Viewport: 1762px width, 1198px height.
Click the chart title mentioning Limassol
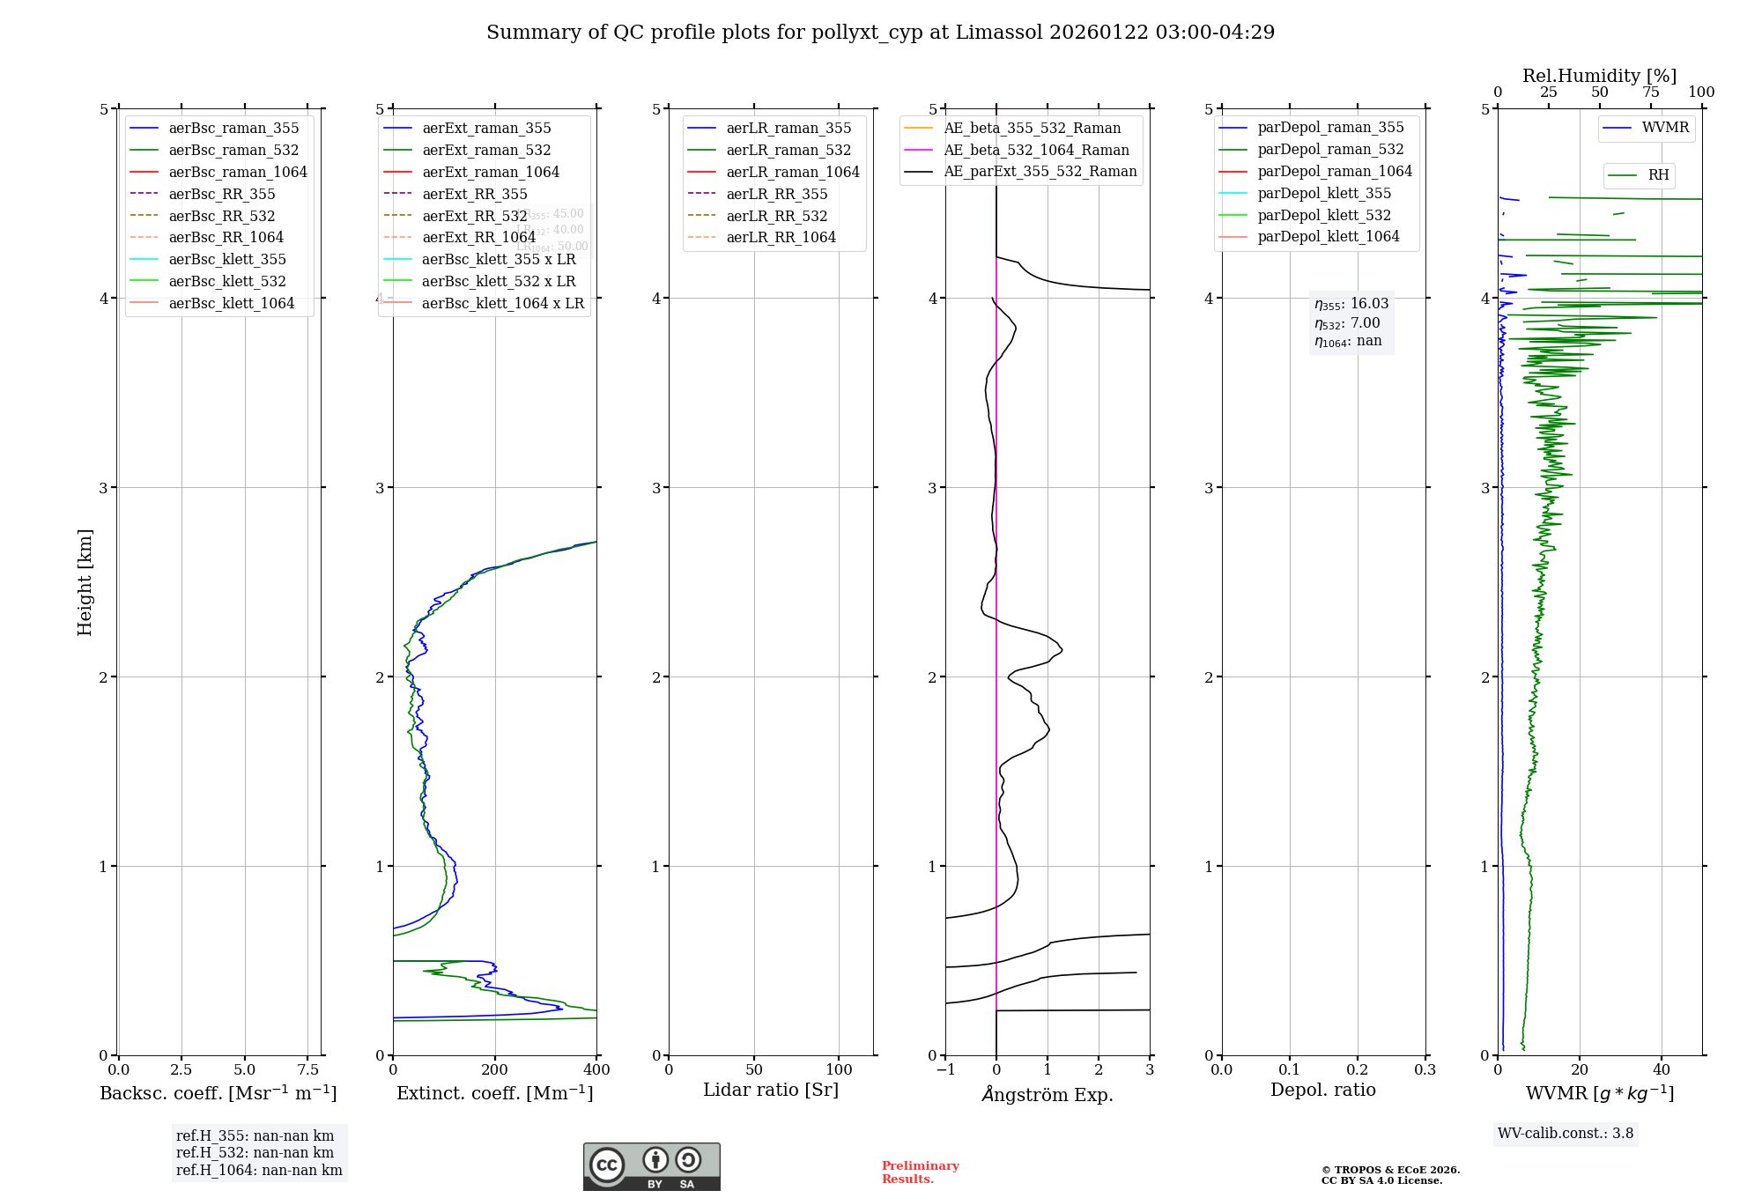coord(880,33)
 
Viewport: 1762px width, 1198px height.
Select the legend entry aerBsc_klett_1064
coord(231,303)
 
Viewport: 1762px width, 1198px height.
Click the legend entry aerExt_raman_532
coord(486,150)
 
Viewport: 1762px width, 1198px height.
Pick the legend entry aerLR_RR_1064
coord(781,237)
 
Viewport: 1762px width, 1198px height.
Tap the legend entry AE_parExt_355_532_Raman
coord(1040,172)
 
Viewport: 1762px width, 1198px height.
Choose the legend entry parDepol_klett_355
coord(1324,193)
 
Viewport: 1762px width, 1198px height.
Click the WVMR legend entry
coord(1664,128)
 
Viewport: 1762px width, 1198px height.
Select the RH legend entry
coord(1658,175)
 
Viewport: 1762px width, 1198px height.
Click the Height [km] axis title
coord(85,581)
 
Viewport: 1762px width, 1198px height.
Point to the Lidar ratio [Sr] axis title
coord(771,1090)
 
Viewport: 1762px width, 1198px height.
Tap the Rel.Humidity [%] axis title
coord(1599,76)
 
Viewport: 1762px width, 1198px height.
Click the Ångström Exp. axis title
coord(1048,1094)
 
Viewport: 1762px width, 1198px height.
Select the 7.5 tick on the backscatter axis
coord(307,1069)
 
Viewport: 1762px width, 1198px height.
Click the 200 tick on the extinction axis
coord(495,1069)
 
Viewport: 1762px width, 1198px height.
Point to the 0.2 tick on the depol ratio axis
coord(1358,1069)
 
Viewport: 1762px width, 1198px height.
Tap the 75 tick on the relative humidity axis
coord(1650,92)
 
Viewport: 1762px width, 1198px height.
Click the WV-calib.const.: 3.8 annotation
coord(1566,1134)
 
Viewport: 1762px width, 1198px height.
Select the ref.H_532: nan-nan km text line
coord(255,1153)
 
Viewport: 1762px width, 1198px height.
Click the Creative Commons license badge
coord(651,1166)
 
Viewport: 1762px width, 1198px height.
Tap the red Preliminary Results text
coord(920,1172)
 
